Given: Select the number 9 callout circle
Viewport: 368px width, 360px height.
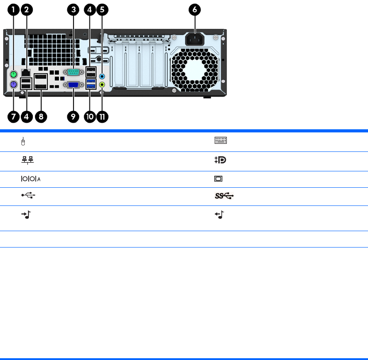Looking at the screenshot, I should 73,116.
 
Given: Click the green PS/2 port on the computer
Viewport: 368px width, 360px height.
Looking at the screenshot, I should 14,74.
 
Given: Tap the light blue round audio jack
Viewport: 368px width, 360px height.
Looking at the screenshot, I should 103,76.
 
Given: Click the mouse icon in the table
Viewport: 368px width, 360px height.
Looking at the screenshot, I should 23,141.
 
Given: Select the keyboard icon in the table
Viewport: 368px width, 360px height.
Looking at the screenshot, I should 221,141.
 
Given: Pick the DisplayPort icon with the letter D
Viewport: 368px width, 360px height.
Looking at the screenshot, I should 220,161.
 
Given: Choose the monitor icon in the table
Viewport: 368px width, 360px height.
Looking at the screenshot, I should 219,179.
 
